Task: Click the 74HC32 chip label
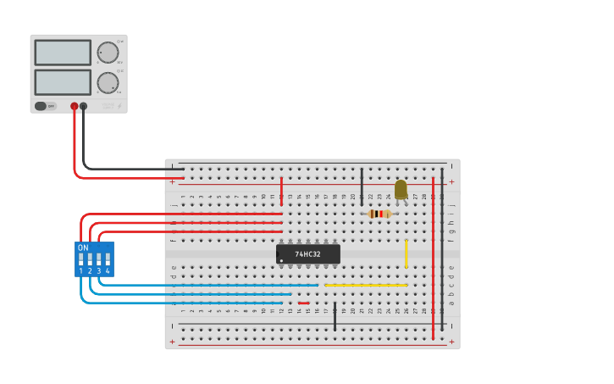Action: [307, 253]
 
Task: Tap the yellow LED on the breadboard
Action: [401, 190]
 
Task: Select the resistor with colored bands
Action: [379, 214]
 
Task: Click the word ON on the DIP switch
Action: [83, 248]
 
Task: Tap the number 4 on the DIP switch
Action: [108, 270]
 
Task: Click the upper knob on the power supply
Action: [108, 53]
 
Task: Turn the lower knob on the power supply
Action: [108, 82]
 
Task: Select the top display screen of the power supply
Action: [63, 53]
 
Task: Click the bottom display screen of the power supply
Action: [63, 82]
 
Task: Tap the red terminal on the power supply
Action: [75, 106]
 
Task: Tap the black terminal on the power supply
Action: [83, 106]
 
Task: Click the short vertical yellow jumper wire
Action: [407, 253]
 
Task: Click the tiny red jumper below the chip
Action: [303, 303]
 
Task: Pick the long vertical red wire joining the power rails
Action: [433, 259]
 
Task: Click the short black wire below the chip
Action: [335, 315]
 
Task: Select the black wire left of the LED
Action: [362, 186]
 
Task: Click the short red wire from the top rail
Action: [282, 191]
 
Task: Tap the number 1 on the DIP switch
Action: [81, 270]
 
